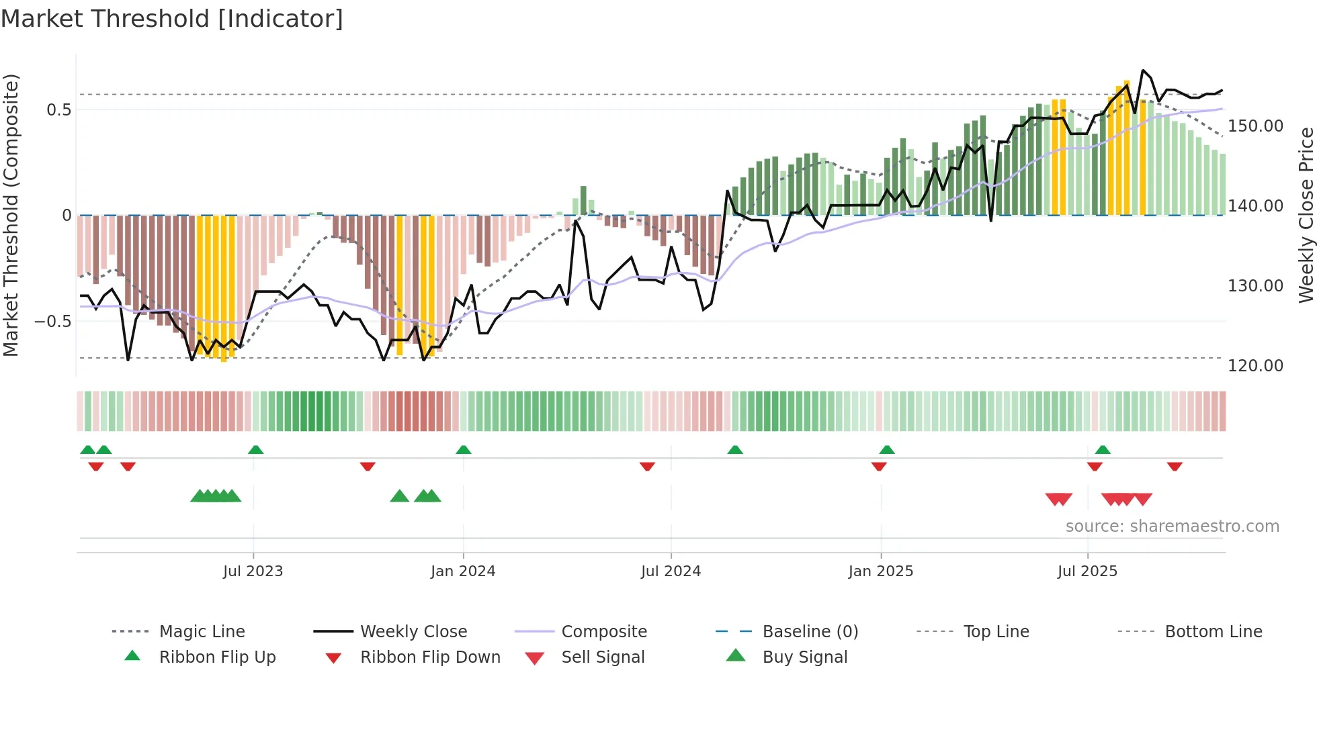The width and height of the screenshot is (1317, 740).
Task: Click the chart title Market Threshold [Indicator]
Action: coord(172,19)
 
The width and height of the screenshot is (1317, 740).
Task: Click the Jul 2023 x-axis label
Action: coord(253,571)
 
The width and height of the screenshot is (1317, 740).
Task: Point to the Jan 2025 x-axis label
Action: coord(880,571)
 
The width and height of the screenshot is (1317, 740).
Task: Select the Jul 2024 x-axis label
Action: coord(671,571)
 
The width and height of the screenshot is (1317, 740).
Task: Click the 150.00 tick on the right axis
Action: coord(1255,126)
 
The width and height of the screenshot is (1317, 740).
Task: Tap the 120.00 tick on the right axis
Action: coord(1255,366)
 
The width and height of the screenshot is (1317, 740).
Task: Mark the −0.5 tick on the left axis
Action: coord(52,322)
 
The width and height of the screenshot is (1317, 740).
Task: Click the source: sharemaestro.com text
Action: coord(1172,526)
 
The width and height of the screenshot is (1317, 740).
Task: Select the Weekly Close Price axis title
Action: coord(1306,215)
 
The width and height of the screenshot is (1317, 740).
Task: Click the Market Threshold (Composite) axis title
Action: coord(11,215)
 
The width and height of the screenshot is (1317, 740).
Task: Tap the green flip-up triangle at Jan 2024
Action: coord(464,450)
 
